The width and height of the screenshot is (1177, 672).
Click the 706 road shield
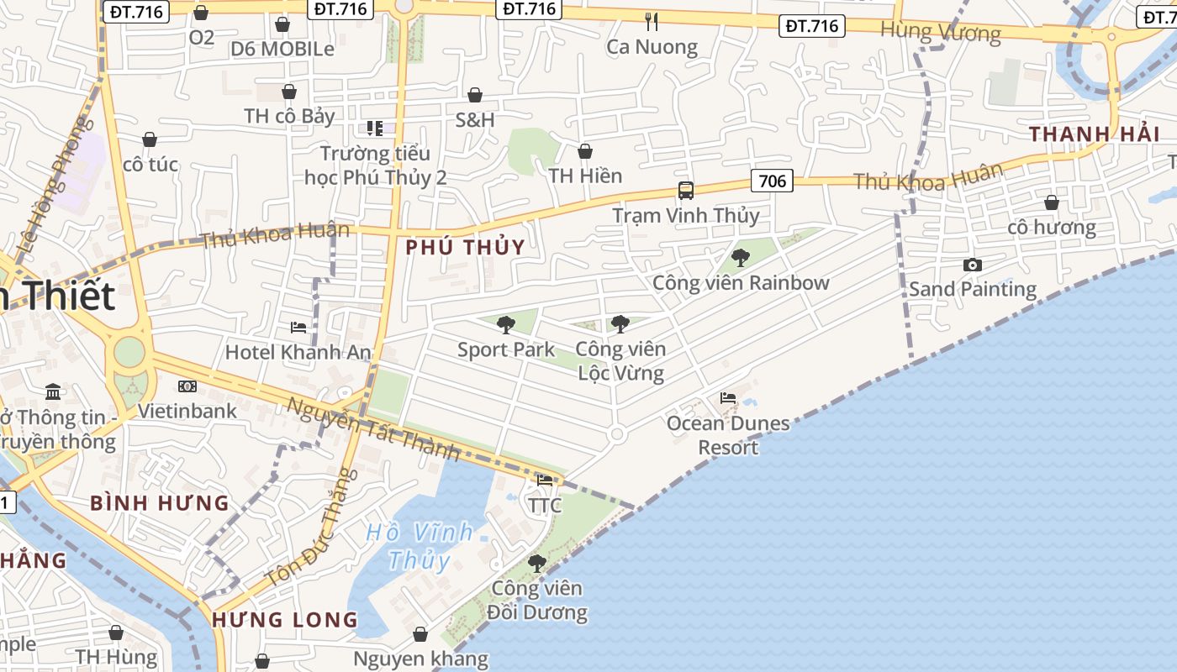tap(772, 181)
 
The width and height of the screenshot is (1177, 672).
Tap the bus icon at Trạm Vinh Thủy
tap(686, 191)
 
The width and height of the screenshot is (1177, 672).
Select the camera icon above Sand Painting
tap(973, 265)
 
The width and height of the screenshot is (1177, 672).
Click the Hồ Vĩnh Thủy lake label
tap(419, 546)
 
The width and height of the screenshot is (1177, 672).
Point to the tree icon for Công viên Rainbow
tap(741, 258)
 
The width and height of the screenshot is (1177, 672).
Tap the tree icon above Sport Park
tap(506, 325)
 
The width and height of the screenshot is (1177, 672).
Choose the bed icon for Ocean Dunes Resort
tap(728, 398)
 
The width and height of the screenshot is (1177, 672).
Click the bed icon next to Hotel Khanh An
tap(298, 327)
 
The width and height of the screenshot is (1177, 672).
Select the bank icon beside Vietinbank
tap(187, 386)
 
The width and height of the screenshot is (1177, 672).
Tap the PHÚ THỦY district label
tap(465, 247)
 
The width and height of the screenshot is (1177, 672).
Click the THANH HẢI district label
tap(1095, 134)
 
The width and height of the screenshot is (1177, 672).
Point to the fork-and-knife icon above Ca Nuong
tap(652, 21)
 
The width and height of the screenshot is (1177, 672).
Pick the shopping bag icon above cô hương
tap(1051, 202)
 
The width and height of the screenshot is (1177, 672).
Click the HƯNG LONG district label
tap(285, 620)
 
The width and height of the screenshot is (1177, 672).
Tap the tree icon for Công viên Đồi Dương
tap(537, 564)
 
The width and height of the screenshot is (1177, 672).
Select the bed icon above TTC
tap(545, 480)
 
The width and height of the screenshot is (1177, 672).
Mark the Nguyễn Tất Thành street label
tap(373, 429)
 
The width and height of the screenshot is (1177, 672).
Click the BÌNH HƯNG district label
tap(160, 503)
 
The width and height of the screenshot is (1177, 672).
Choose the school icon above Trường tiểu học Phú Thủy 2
tap(375, 129)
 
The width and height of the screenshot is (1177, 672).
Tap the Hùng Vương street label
tap(941, 33)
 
